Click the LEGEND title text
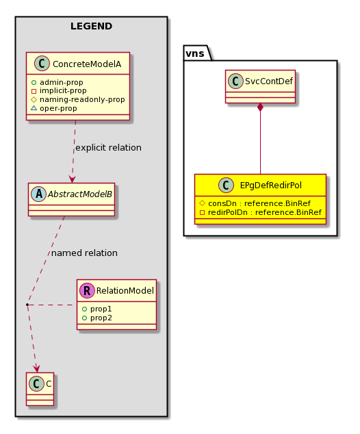[x=91, y=26]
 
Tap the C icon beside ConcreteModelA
[x=42, y=64]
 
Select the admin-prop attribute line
[x=57, y=82]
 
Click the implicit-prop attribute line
[x=59, y=91]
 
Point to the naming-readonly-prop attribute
[x=78, y=99]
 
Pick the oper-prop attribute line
[x=54, y=108]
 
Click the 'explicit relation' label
[x=108, y=148]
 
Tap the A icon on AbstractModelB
[x=39, y=194]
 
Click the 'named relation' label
[x=84, y=253]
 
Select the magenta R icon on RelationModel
[x=87, y=291]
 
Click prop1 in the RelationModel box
[x=97, y=309]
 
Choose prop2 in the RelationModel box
[x=97, y=318]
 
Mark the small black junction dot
[x=27, y=305]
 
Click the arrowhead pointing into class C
[x=36, y=369]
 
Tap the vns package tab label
[x=195, y=53]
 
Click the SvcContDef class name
[x=269, y=81]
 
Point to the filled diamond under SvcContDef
[x=260, y=107]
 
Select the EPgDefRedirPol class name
[x=270, y=186]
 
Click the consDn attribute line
[x=255, y=203]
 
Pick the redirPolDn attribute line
[x=260, y=212]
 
